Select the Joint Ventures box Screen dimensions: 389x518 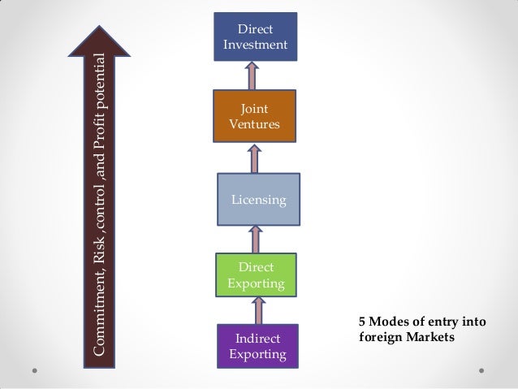click(255, 116)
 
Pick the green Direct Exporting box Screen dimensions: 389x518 click(256, 274)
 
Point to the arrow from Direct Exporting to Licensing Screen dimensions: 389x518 click(257, 239)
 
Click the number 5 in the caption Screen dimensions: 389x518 click(362, 322)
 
